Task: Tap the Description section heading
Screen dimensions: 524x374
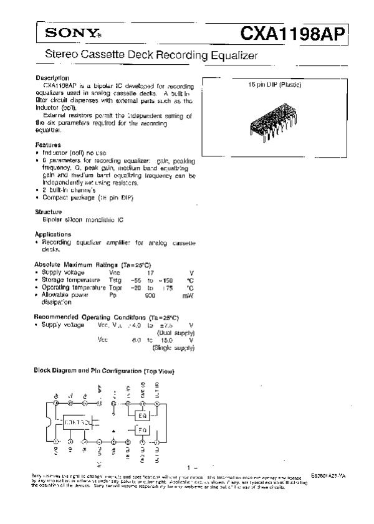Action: click(52, 78)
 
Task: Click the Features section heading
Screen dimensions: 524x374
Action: click(47, 144)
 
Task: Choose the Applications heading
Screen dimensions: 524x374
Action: click(52, 234)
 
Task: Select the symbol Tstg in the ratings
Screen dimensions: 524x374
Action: click(116, 280)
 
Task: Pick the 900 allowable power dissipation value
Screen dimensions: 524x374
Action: click(150, 295)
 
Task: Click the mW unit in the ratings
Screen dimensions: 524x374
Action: click(189, 295)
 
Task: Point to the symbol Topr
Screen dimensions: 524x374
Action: click(116, 288)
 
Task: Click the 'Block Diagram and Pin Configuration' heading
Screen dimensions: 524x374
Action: click(103, 371)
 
